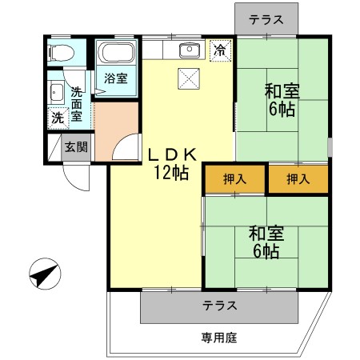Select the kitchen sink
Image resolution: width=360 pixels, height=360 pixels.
(190, 51)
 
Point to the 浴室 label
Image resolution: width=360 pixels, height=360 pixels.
(115, 78)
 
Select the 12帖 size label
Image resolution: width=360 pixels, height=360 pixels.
(171, 173)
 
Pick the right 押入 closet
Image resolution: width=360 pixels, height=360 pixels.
(298, 179)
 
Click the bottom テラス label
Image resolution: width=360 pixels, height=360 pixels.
(218, 306)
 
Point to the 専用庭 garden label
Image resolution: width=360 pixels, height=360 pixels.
(214, 337)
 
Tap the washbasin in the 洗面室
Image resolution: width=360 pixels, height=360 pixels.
(56, 91)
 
